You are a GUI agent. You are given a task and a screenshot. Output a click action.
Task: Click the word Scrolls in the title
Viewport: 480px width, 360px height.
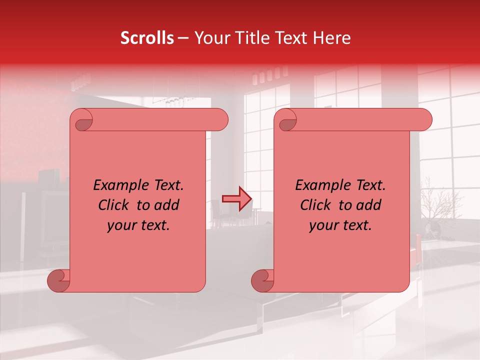147,38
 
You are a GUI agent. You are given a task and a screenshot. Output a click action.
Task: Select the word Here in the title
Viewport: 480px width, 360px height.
332,38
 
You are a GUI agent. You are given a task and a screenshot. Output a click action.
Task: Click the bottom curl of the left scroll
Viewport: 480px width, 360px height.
59,281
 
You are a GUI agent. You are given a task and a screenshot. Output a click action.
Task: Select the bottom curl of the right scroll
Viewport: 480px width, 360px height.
262,281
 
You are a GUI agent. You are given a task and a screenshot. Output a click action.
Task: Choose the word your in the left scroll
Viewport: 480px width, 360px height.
120,225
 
